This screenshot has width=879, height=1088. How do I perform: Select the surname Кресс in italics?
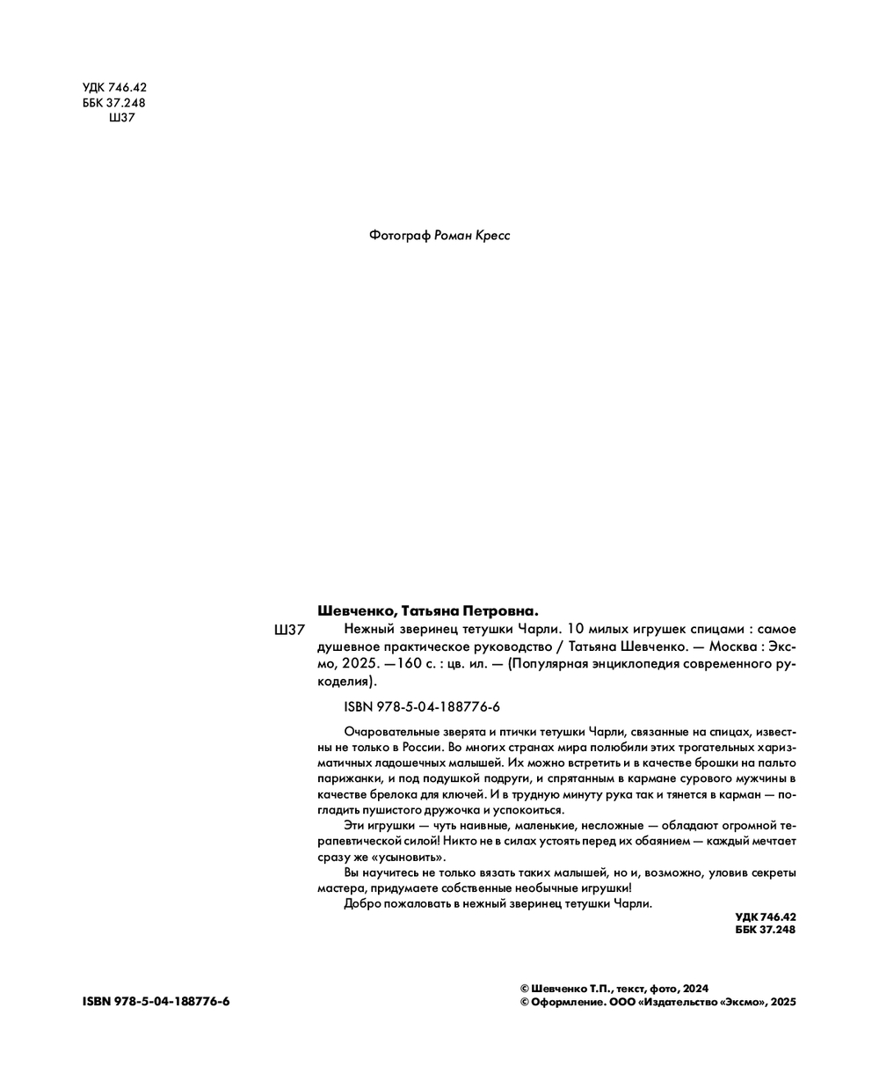(x=491, y=236)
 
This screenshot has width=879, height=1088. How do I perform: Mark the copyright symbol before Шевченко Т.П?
(x=525, y=988)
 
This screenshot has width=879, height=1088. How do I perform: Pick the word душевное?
(x=345, y=646)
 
